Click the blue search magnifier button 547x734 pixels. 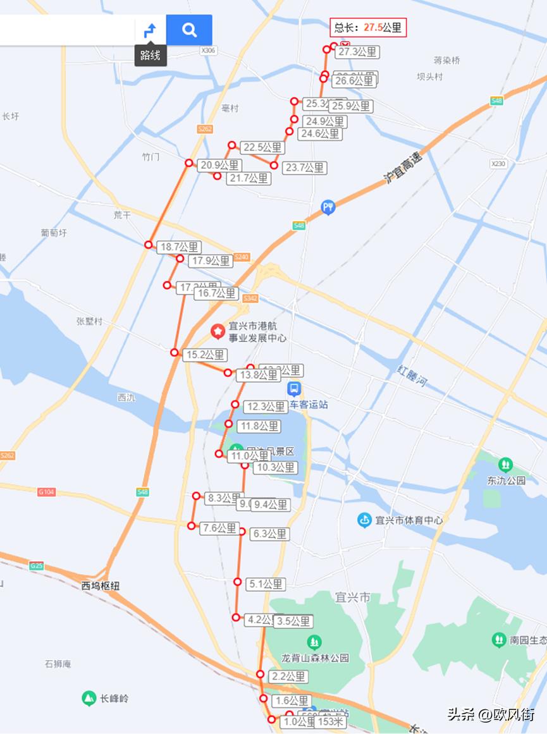pyautogui.click(x=189, y=30)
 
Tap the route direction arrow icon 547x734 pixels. pyautogui.click(x=151, y=30)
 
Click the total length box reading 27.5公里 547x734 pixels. pyautogui.click(x=367, y=27)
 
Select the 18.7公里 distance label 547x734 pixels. pyautogui.click(x=179, y=247)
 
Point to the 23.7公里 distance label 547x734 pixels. pyautogui.click(x=305, y=168)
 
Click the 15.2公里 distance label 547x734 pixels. pyautogui.click(x=205, y=355)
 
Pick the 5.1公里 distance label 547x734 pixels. pyautogui.click(x=266, y=584)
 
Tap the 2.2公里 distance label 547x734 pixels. pyautogui.click(x=288, y=676)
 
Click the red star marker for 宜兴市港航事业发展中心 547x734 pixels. pyautogui.click(x=218, y=331)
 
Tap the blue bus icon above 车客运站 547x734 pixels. pyautogui.click(x=294, y=389)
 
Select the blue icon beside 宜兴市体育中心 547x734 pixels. pyautogui.click(x=364, y=520)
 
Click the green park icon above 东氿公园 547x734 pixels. pyautogui.click(x=505, y=465)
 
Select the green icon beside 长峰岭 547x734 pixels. pyautogui.click(x=89, y=699)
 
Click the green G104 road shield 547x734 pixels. pyautogui.click(x=46, y=492)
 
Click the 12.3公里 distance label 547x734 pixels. pyautogui.click(x=266, y=407)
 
